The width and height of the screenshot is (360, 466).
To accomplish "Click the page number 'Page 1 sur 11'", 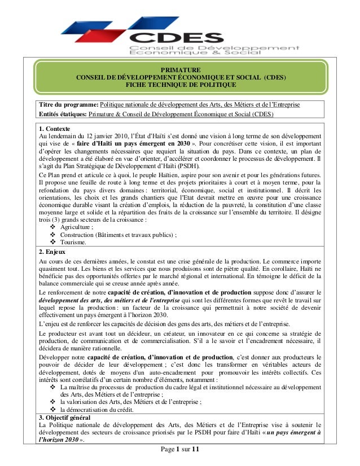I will (x=180, y=449).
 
